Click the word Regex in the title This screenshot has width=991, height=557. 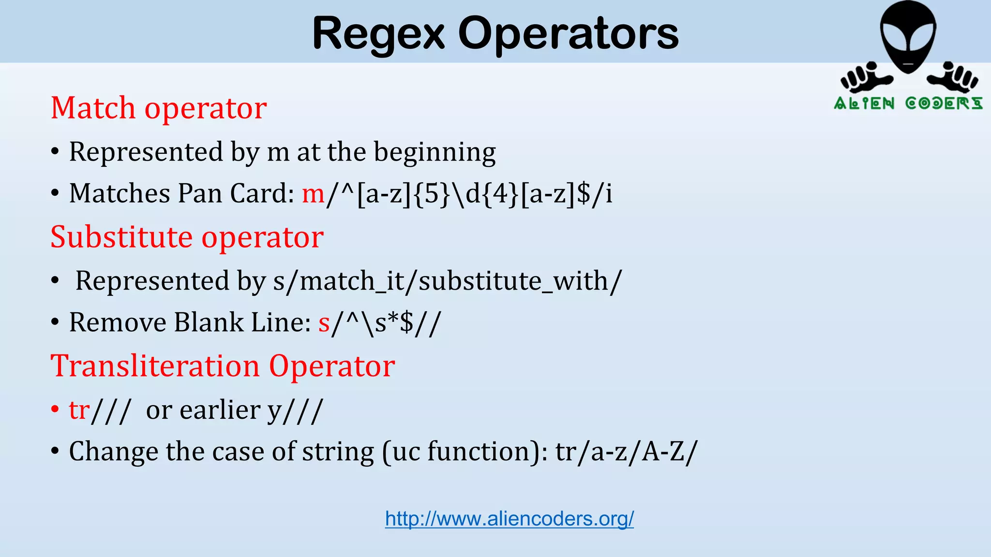tap(378, 34)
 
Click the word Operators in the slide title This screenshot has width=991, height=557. tap(568, 34)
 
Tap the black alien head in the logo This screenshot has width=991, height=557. tap(908, 36)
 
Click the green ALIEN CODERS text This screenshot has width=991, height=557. tap(908, 103)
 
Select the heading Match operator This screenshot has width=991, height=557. tap(159, 108)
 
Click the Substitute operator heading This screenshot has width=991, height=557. tap(187, 237)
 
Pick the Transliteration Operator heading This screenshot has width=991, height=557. tap(223, 366)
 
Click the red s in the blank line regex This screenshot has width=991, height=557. tap(324, 323)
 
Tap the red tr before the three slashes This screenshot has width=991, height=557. tap(79, 410)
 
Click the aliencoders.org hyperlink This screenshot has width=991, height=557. tap(509, 519)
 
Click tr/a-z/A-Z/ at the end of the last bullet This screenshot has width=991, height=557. tap(626, 452)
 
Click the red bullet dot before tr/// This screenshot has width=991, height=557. tap(55, 409)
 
